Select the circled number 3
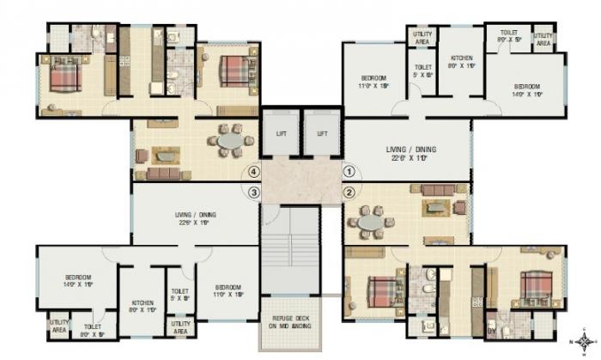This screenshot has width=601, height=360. tap(253, 192)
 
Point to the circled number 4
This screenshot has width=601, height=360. tap(253, 171)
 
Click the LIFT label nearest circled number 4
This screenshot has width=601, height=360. tap(282, 134)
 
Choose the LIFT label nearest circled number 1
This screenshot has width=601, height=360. tap(322, 134)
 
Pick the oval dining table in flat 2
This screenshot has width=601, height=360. tap(370, 223)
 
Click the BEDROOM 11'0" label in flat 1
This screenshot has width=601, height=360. tap(373, 82)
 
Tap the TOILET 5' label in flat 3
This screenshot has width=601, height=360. tap(180, 296)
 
